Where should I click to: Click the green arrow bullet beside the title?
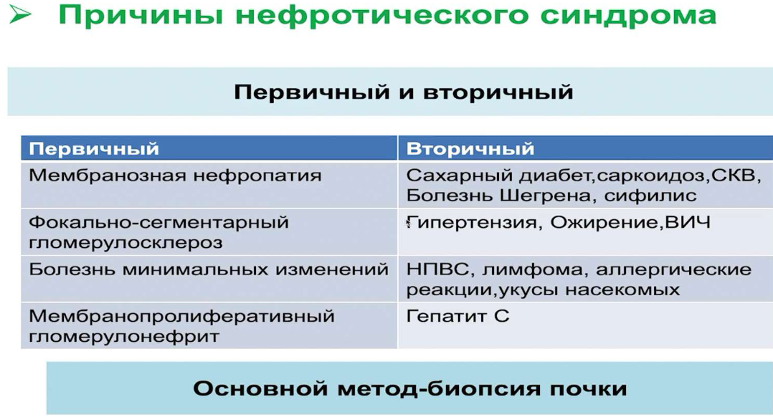(20, 15)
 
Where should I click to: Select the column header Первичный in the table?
(94, 149)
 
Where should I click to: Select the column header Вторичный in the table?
(470, 149)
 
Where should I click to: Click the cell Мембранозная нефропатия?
(175, 176)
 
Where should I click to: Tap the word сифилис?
(650, 196)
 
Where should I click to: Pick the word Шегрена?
(545, 196)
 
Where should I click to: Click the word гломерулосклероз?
(125, 243)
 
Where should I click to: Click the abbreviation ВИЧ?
(688, 222)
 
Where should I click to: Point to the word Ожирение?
(604, 223)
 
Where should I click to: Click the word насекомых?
(622, 290)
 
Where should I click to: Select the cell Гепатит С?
(457, 316)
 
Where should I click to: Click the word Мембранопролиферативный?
(181, 316)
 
